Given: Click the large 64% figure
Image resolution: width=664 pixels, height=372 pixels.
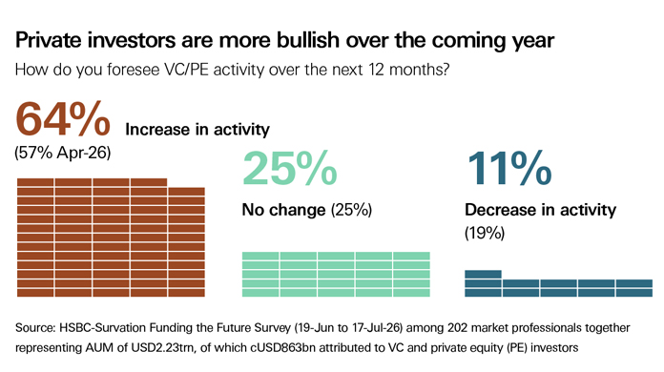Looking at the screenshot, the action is pyautogui.click(x=63, y=119).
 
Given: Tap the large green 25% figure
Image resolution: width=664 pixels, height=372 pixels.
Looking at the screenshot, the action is pyautogui.click(x=290, y=168).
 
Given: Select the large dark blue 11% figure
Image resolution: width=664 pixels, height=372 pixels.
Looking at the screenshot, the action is pyautogui.click(x=509, y=168).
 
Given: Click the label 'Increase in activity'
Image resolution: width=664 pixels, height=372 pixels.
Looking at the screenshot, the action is pyautogui.click(x=197, y=130).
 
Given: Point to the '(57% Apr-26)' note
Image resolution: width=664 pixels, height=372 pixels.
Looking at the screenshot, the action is pyautogui.click(x=63, y=153).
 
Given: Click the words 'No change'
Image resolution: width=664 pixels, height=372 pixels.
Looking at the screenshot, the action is pyautogui.click(x=283, y=210).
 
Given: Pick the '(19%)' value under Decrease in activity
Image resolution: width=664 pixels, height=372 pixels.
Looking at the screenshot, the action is pyautogui.click(x=485, y=233).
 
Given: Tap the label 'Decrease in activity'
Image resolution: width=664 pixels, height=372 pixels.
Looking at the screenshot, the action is pyautogui.click(x=540, y=210).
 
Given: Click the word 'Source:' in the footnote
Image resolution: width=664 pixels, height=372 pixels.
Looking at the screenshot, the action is pyautogui.click(x=35, y=328).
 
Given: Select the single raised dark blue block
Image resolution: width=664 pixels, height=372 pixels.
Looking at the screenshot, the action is pyautogui.click(x=483, y=275).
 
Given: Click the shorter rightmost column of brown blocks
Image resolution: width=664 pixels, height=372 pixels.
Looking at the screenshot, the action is pyautogui.click(x=187, y=242).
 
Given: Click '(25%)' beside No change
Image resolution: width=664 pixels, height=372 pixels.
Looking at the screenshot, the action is pyautogui.click(x=351, y=210).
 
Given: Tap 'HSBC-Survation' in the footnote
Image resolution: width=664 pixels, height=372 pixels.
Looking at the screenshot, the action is pyautogui.click(x=103, y=328).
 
